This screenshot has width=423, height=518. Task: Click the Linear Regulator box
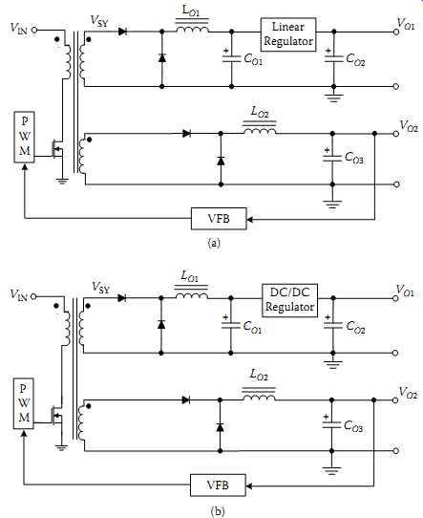[x=288, y=34]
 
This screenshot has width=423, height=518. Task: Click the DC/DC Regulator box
[x=289, y=300]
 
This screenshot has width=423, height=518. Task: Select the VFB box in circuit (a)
[x=219, y=218]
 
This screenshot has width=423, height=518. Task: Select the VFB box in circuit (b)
[x=218, y=485]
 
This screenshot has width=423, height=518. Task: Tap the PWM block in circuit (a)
[x=25, y=137]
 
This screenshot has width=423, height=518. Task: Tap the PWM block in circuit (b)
[x=24, y=403]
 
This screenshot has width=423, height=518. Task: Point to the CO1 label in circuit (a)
[x=253, y=60]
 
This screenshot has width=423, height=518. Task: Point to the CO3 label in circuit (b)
[x=353, y=426]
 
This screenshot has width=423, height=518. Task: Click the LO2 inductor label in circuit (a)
[x=260, y=112]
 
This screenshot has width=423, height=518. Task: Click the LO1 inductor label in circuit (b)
[x=190, y=276]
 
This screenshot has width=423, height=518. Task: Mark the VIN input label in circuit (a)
[x=19, y=28]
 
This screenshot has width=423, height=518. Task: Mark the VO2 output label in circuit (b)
[x=408, y=393]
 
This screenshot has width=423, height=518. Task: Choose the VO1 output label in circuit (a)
[x=406, y=24]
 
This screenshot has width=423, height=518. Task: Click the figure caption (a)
[x=214, y=243]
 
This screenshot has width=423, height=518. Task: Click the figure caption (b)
[x=217, y=511]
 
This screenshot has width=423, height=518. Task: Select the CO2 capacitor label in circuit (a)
[x=355, y=60]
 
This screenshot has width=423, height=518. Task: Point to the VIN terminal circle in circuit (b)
[x=33, y=296]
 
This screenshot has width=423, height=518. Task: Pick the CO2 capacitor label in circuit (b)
[x=355, y=327]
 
